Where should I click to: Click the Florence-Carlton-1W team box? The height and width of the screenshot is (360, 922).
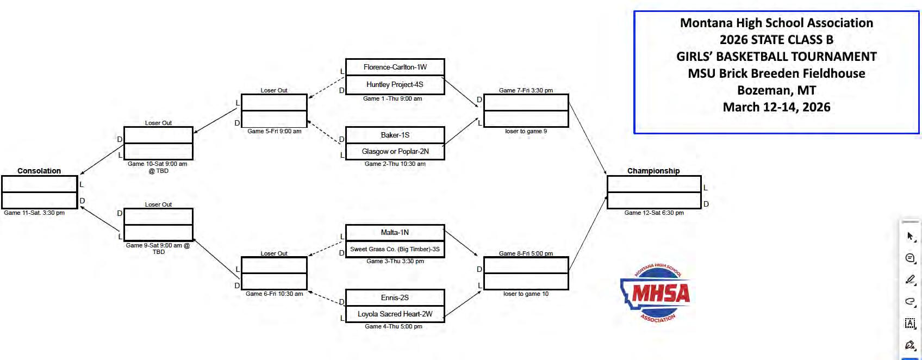(395, 67)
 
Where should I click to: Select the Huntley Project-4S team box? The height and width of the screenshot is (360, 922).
(395, 84)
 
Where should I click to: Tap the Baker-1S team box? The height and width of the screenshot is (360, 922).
(395, 135)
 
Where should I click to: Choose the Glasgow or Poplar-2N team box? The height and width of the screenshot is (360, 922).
(395, 151)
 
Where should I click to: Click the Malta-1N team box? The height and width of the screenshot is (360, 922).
(395, 232)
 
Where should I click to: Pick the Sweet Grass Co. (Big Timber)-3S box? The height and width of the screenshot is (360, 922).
(395, 249)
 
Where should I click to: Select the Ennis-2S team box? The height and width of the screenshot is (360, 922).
(395, 297)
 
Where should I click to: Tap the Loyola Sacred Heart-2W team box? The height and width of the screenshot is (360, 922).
(395, 314)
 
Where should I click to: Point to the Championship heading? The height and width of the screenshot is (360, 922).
(653, 171)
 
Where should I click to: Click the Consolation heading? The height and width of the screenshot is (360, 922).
(39, 171)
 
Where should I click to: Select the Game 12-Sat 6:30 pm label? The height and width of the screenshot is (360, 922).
(654, 213)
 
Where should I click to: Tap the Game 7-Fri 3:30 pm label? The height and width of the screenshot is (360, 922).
(526, 90)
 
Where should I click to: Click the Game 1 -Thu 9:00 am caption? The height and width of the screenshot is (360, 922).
(393, 98)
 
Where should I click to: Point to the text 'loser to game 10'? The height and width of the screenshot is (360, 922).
(526, 294)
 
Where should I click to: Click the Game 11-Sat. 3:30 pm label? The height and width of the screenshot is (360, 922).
(34, 213)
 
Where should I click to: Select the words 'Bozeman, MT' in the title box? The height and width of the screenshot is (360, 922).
(776, 90)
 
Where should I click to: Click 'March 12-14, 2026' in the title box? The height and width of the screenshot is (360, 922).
(776, 107)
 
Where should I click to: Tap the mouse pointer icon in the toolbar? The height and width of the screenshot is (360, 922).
(910, 236)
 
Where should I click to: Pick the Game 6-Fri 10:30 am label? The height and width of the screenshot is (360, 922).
(275, 294)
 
